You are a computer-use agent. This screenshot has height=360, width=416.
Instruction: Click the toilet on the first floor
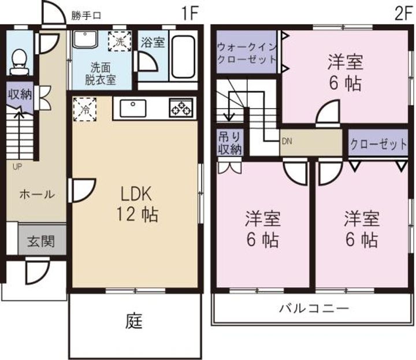click(20, 60)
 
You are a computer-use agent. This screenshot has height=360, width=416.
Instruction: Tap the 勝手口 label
click(86, 16)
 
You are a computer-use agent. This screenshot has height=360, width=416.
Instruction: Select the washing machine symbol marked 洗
click(120, 41)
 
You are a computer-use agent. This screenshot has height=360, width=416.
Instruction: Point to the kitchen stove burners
click(181, 108)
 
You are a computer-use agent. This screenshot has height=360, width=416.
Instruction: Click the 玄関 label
click(40, 241)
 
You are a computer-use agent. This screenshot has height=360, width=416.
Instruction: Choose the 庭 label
click(134, 320)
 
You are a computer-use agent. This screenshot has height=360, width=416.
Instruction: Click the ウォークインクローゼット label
click(245, 53)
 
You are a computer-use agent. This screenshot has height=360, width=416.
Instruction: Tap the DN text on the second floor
click(287, 140)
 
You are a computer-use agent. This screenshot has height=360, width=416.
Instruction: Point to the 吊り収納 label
click(229, 143)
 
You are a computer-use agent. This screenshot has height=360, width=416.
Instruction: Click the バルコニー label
click(314, 308)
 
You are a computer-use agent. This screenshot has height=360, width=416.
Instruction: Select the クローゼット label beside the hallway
click(378, 143)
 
